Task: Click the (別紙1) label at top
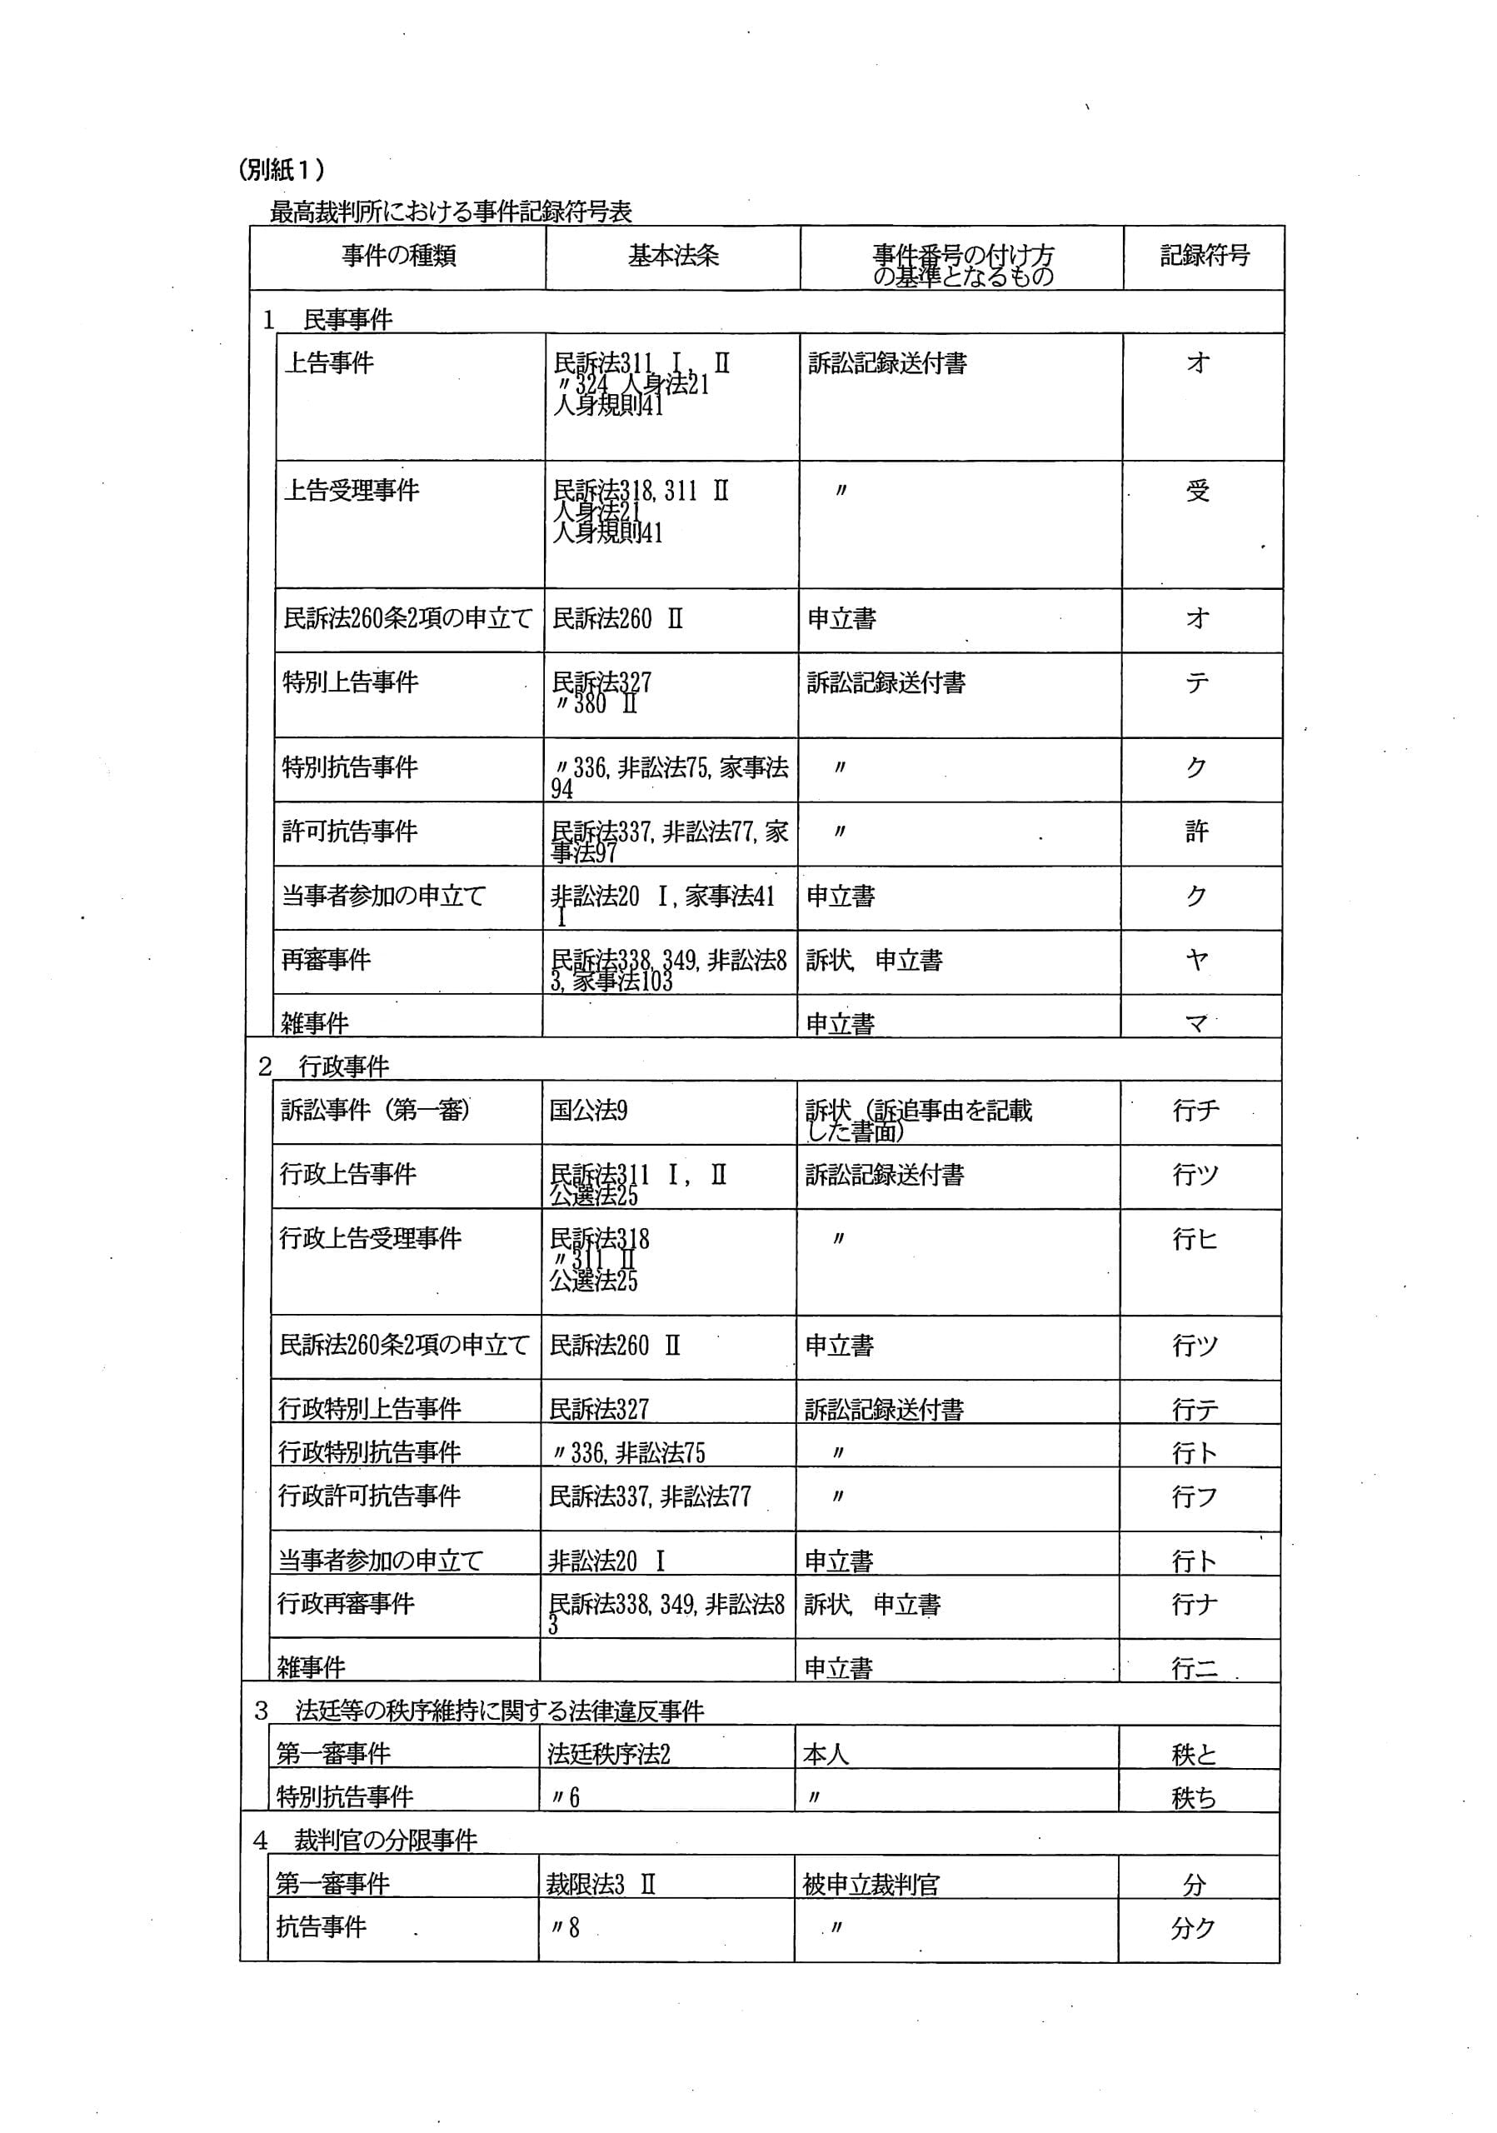pos(282,169)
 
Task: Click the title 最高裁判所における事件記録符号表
pos(451,212)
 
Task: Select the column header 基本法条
pos(673,256)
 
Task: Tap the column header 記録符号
pos(1205,256)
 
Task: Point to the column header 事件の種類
pos(398,256)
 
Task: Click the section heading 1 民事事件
pos(329,320)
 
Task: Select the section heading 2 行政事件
pos(324,1066)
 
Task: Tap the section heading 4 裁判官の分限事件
pos(366,1840)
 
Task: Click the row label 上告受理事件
pos(351,491)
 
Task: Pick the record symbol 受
pos(1198,491)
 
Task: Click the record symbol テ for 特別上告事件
pos(1197,683)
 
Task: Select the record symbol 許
pos(1196,832)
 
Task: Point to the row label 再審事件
pos(326,960)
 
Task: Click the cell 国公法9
pos(588,1110)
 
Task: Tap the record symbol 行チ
pos(1196,1110)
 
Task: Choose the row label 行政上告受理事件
pos(371,1238)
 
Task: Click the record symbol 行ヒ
pos(1195,1238)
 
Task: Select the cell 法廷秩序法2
pos(608,1754)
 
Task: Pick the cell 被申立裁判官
pos(871,1884)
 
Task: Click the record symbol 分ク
pos(1193,1928)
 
